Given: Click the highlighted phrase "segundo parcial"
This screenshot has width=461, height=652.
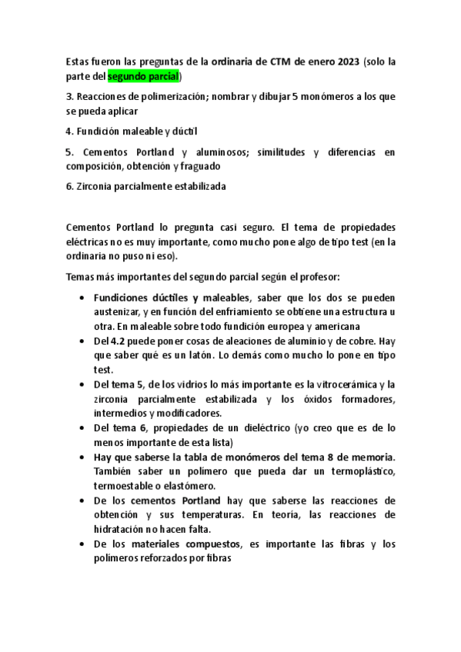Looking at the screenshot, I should (x=143, y=76).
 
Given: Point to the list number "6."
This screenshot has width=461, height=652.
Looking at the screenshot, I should (x=69, y=187).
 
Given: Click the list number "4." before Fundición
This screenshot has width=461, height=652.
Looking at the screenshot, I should (x=69, y=131).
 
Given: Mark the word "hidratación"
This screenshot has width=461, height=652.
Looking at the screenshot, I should (x=119, y=529).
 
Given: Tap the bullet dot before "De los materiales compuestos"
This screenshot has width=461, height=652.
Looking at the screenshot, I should (x=82, y=544).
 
